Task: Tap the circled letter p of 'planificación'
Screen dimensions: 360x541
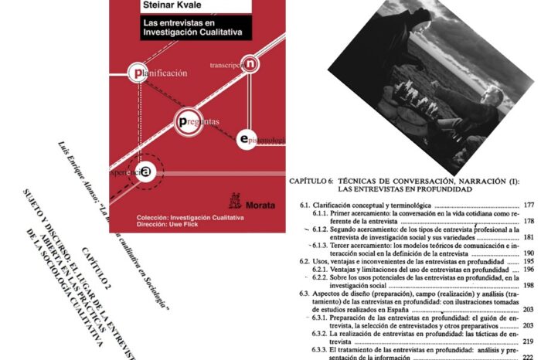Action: (138, 73)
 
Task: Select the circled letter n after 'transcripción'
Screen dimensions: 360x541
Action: (250, 65)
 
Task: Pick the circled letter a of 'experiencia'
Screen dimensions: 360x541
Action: (145, 172)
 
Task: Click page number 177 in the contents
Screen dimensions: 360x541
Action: (529, 205)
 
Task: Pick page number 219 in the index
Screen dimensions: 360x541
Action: (529, 341)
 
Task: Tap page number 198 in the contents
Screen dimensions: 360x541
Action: (529, 285)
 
